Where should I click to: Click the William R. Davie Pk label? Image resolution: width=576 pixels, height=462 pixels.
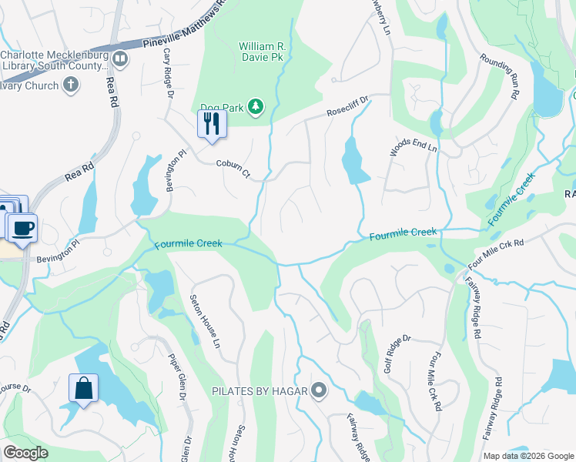pyautogui.click(x=262, y=52)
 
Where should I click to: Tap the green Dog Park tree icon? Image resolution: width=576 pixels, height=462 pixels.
pyautogui.click(x=256, y=109)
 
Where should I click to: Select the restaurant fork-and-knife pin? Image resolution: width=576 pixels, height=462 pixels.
pyautogui.click(x=212, y=123)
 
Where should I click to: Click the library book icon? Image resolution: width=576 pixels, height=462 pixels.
pyautogui.click(x=119, y=59)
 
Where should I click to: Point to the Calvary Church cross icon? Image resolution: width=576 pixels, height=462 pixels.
pyautogui.click(x=71, y=85)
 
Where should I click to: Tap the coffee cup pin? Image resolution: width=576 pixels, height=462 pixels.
pyautogui.click(x=23, y=228)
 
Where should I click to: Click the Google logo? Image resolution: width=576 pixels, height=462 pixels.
pyautogui.click(x=26, y=453)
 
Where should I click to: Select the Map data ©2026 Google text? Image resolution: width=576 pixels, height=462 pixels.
pyautogui.click(x=527, y=456)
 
